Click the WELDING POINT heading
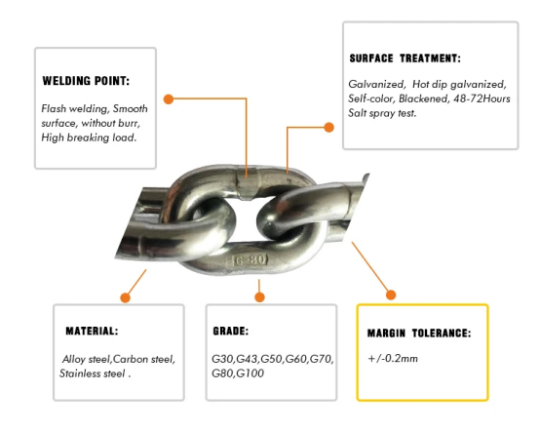click(86, 81)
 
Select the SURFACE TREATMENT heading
click(405, 59)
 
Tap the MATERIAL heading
click(92, 331)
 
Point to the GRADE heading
click(230, 331)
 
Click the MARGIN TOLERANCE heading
click(419, 334)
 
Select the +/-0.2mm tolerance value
click(393, 359)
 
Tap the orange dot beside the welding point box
click(169, 99)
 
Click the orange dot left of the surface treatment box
click(329, 128)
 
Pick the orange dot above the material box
click(126, 298)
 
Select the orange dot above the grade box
click(259, 297)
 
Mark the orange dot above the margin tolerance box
click(391, 295)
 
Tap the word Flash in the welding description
click(54, 109)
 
